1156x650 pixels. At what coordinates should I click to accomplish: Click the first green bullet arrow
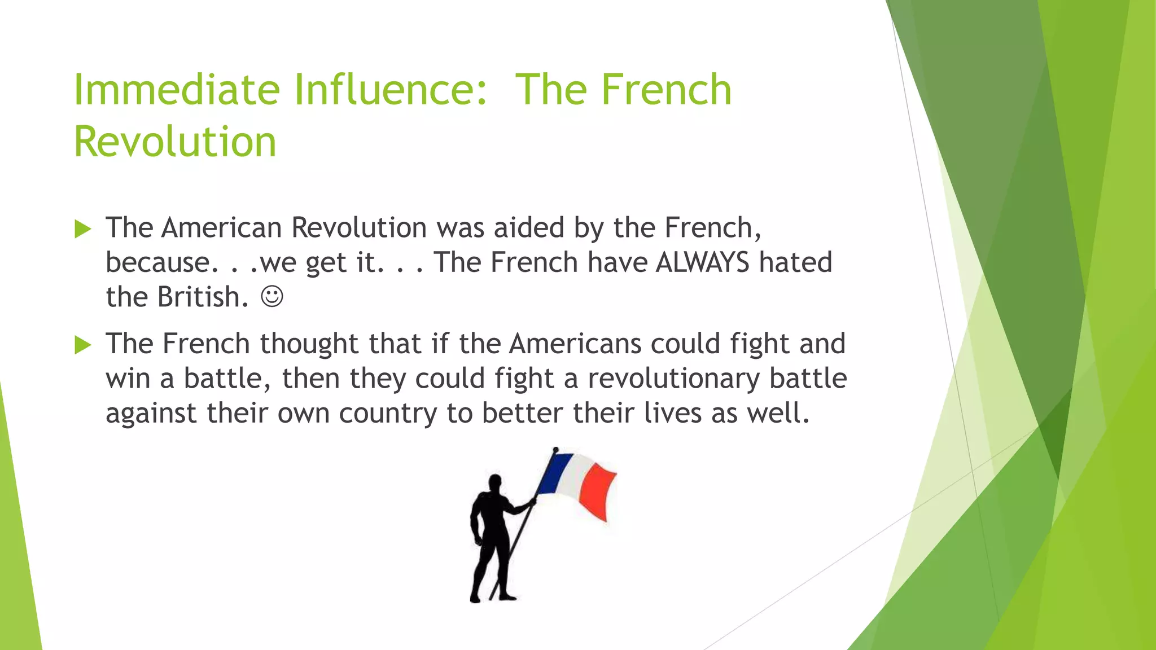(82, 229)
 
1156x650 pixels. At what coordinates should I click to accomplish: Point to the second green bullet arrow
(82, 345)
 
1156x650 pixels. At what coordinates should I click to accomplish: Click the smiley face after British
(272, 296)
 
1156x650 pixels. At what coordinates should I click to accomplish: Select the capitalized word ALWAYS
(702, 262)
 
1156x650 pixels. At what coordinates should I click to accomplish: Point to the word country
(388, 414)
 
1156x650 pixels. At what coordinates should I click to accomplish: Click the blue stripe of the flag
(554, 473)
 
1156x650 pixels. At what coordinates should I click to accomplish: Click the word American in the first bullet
(221, 228)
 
